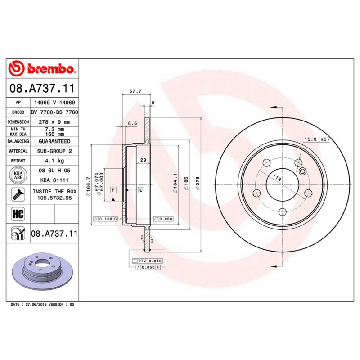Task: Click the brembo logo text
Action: pos(49,69)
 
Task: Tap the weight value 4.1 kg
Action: pos(54,161)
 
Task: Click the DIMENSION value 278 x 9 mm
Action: pos(54,122)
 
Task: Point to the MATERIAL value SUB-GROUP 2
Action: pos(54,151)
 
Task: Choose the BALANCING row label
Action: pos(18,141)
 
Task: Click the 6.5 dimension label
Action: pos(132,122)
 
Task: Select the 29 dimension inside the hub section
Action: pos(143,161)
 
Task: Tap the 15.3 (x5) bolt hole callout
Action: pos(317,139)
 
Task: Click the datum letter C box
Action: pos(141,190)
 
